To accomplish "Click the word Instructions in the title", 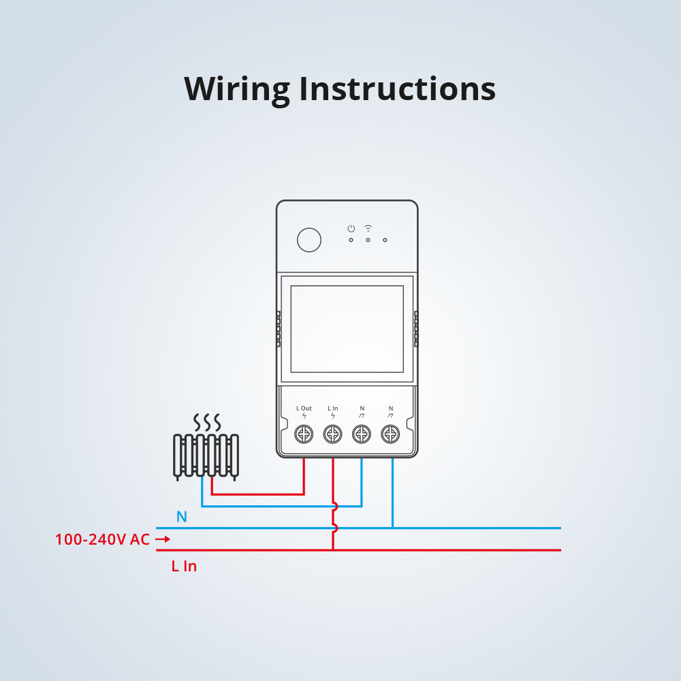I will [x=397, y=89].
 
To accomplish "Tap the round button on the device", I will [x=309, y=240].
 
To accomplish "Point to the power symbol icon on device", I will [x=351, y=228].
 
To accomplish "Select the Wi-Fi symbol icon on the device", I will [x=368, y=227].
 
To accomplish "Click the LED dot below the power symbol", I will [x=351, y=240].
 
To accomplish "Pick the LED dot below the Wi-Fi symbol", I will [x=368, y=240].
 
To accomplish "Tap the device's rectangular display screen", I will [x=347, y=329].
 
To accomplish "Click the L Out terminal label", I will [x=304, y=409].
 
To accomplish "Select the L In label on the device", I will [x=332, y=409].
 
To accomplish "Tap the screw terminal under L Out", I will [x=304, y=433].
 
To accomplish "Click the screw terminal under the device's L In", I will [x=332, y=433].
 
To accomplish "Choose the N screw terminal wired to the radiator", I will [x=361, y=433].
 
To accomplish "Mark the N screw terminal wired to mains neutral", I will [x=390, y=433].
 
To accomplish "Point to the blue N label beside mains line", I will [x=181, y=517].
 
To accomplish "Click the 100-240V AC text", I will [x=102, y=539].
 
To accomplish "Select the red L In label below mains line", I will [x=184, y=566].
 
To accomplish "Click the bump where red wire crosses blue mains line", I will [x=334, y=528].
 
